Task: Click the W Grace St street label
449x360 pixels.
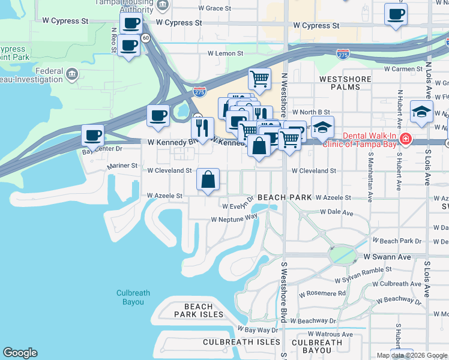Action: (214, 8)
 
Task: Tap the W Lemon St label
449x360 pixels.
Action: (225, 53)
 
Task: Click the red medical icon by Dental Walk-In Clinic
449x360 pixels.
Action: (406, 139)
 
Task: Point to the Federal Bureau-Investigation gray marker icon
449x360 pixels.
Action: (72, 74)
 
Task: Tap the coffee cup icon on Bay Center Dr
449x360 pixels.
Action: (92, 135)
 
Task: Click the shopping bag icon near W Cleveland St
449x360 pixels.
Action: (208, 179)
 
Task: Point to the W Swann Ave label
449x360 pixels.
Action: (387, 257)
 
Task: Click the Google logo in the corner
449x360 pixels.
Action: (20, 353)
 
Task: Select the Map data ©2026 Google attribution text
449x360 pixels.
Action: (412, 355)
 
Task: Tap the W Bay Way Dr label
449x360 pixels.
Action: (258, 329)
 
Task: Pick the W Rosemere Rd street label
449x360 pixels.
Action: (322, 293)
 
